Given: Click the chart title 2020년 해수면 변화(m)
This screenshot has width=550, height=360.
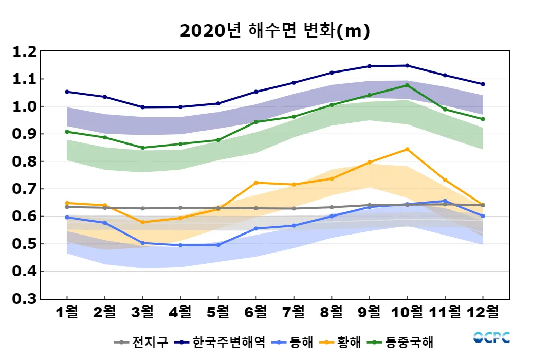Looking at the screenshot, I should tap(275, 31).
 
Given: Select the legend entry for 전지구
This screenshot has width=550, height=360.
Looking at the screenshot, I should tap(142, 342).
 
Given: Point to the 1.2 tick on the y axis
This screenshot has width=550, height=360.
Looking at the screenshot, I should tap(25, 52).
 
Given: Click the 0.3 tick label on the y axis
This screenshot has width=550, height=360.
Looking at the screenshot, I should tap(25, 299).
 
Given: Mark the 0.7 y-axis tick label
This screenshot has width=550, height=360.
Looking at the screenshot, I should tap(25, 189).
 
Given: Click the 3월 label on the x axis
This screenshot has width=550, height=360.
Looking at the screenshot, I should tap(142, 312).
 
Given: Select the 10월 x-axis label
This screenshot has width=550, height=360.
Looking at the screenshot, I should tap(407, 312).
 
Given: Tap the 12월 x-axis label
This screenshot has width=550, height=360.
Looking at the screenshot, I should tap(483, 312).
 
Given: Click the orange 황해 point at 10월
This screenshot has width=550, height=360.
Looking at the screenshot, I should tap(407, 149).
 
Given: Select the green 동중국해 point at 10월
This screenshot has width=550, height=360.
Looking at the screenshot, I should tap(407, 85).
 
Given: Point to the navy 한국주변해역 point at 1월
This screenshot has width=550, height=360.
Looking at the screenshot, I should tap(67, 92).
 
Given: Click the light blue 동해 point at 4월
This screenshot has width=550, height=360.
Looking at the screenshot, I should tap(180, 245).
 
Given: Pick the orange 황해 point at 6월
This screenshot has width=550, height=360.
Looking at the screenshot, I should tap(256, 183).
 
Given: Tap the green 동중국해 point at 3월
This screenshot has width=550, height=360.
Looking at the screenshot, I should tap(142, 148).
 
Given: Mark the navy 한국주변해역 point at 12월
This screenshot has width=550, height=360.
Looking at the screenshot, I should tap(483, 84).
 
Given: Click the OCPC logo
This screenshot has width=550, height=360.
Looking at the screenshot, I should tap(491, 337).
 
